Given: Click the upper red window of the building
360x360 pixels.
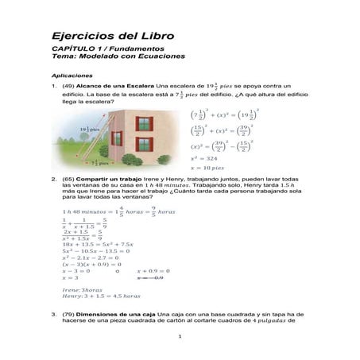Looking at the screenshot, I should click(x=143, y=124).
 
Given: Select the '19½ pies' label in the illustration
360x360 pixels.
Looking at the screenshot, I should click(x=89, y=129).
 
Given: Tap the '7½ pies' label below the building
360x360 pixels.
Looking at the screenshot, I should click(x=100, y=163).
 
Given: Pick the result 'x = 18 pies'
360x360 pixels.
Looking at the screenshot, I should click(x=209, y=168).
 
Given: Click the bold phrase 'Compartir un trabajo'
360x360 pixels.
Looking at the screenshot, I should click(x=108, y=180).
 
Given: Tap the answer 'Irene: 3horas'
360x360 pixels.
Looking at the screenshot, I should click(x=79, y=290).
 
